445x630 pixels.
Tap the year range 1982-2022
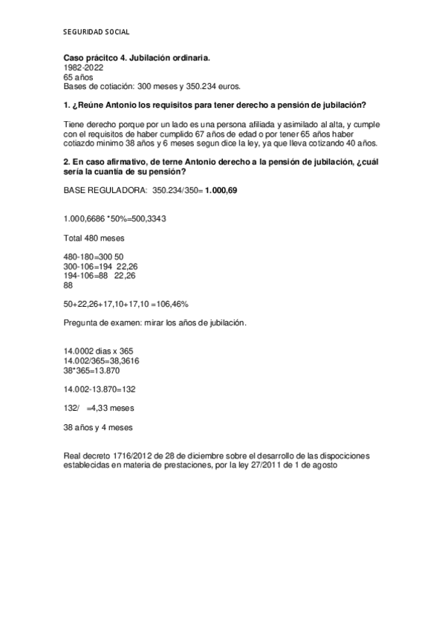[83, 67]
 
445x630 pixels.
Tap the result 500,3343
[146, 220]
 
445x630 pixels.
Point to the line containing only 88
[69, 285]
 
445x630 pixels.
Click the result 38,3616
[123, 360]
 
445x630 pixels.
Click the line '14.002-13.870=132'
[100, 389]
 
